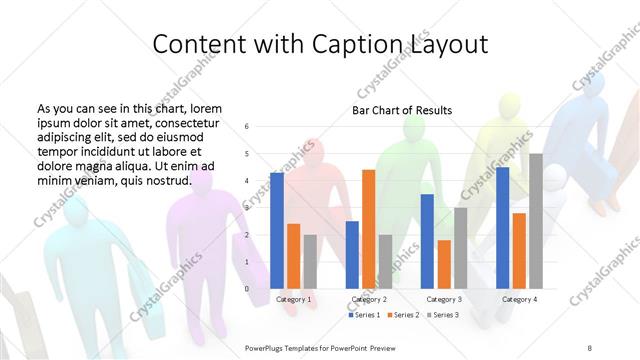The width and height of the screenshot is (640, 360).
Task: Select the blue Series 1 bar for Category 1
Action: (277, 230)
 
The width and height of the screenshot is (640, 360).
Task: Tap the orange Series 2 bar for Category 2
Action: (368, 229)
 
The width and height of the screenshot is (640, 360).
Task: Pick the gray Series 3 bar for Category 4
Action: (536, 221)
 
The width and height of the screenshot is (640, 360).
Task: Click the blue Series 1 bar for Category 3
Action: (427, 241)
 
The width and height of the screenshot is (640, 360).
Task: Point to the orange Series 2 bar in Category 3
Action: (444, 264)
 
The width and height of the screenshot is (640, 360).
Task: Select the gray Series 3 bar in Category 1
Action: (310, 261)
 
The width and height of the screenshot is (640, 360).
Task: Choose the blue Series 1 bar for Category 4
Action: (502, 228)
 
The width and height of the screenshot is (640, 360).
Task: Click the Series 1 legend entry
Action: (366, 315)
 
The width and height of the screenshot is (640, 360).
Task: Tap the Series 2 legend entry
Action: (403, 315)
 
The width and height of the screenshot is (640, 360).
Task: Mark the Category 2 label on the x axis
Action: (369, 299)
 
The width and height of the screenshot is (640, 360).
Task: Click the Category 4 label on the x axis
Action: (519, 299)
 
